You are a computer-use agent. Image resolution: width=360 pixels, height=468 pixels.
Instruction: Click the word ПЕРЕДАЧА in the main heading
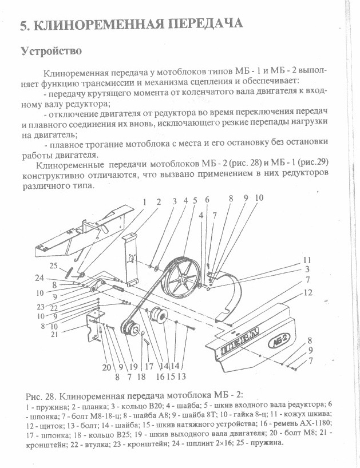(x=204, y=24)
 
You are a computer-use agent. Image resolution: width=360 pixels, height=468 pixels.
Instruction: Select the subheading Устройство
(x=51, y=51)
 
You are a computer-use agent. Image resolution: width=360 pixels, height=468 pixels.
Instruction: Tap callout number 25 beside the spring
(x=53, y=265)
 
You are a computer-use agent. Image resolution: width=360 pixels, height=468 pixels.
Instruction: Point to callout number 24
(x=39, y=278)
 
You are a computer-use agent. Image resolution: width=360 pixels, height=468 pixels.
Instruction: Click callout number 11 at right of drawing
(x=307, y=260)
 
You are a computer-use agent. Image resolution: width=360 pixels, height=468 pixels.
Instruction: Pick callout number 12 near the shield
(x=308, y=292)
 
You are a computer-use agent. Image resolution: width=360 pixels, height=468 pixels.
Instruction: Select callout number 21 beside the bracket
(x=54, y=334)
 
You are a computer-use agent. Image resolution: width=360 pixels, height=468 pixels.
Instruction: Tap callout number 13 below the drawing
(x=181, y=376)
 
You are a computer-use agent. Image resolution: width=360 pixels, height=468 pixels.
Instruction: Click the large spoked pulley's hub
(x=182, y=280)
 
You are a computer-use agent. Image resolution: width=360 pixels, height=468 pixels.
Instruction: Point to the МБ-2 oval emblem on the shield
(x=279, y=343)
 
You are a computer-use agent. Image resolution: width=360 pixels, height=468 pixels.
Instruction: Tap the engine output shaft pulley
(x=130, y=329)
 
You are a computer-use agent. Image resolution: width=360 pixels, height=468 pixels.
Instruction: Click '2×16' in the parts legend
(x=224, y=443)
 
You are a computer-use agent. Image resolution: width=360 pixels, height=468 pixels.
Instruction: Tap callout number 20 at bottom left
(x=106, y=367)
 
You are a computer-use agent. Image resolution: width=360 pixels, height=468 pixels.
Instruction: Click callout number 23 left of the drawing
(x=40, y=307)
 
